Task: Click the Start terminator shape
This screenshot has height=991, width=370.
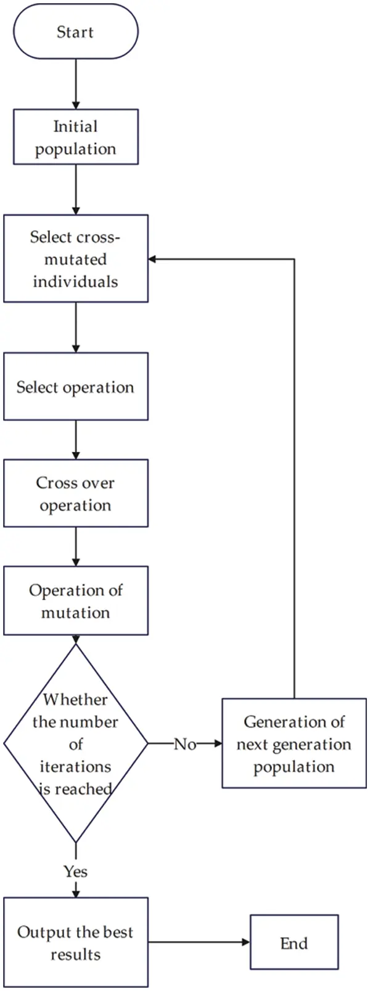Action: (x=75, y=31)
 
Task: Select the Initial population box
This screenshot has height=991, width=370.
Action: (x=75, y=137)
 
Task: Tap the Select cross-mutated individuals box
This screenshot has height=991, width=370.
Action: (x=75, y=259)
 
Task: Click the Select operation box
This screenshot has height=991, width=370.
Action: (x=75, y=387)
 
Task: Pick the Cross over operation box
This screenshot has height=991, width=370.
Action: (x=75, y=493)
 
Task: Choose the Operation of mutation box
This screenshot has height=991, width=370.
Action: (x=75, y=601)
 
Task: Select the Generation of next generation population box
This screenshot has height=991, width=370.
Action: (x=294, y=743)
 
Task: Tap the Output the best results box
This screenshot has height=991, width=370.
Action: (x=75, y=942)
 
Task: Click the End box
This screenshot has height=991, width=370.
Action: (x=294, y=942)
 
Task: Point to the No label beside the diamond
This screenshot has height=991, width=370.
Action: (x=184, y=744)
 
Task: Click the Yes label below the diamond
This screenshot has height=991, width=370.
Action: (x=75, y=871)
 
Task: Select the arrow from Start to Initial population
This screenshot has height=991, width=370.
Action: (x=75, y=84)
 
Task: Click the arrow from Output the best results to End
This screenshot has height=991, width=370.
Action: (x=199, y=942)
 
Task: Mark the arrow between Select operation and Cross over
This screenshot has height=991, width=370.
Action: (x=75, y=440)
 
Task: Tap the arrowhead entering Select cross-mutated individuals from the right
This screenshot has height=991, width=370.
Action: (x=154, y=259)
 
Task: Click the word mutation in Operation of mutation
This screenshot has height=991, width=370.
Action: (x=75, y=613)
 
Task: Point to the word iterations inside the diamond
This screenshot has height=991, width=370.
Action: (x=75, y=766)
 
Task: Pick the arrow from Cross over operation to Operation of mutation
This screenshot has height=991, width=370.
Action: (x=75, y=546)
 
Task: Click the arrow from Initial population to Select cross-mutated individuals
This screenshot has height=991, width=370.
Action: (x=75, y=190)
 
